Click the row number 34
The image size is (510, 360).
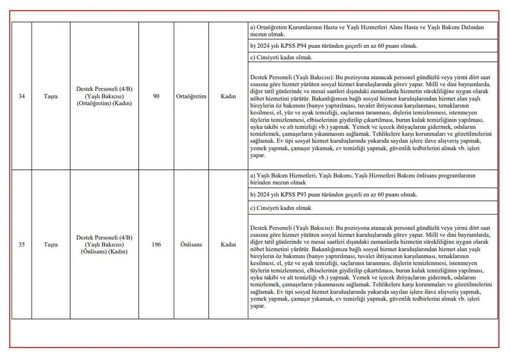click(x=22, y=96)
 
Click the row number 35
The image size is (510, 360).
click(x=22, y=244)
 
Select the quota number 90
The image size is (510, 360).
click(x=156, y=96)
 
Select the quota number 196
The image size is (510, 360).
click(x=156, y=244)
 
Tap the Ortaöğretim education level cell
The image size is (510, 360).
click(x=191, y=96)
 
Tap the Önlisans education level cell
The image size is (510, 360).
click(x=191, y=244)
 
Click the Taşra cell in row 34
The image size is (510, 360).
click(x=51, y=96)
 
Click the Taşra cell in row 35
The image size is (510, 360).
click(x=51, y=244)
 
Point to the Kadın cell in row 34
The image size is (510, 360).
click(x=228, y=96)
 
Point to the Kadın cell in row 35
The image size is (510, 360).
click(x=228, y=244)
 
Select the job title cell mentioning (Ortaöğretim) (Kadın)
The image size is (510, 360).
click(x=104, y=96)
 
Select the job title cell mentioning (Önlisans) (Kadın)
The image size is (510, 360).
click(x=104, y=244)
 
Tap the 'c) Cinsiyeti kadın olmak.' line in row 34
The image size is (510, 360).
click(x=281, y=57)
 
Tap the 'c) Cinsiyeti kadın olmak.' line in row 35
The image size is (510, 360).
click(x=281, y=208)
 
